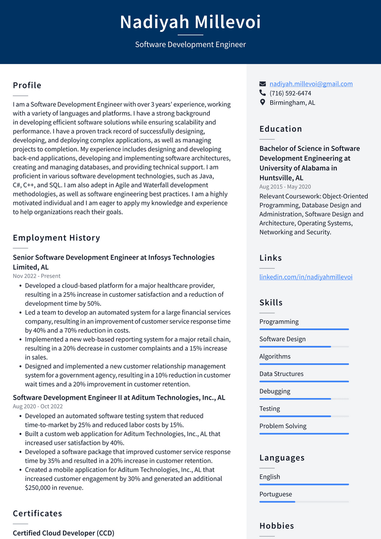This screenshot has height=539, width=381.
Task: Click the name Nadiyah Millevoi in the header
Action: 190,22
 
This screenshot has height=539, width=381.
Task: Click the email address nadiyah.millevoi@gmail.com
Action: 311,84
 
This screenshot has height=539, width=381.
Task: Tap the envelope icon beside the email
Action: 263,84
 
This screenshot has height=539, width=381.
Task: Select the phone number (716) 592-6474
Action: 290,93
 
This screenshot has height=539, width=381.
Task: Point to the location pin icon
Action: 263,103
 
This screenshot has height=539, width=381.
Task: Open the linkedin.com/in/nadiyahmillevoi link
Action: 306,277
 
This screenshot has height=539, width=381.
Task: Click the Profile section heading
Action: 27,85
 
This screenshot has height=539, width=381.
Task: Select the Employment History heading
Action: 57,238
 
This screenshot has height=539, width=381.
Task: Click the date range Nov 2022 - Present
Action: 37,276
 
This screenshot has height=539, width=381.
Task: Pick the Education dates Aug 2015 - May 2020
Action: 285,187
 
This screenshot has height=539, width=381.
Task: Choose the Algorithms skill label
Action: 275,356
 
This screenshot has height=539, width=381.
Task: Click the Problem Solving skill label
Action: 283,426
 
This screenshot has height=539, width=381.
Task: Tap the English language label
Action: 270,477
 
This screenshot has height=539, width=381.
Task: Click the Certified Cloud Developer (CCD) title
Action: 63,533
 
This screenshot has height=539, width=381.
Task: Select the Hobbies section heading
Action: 277,526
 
